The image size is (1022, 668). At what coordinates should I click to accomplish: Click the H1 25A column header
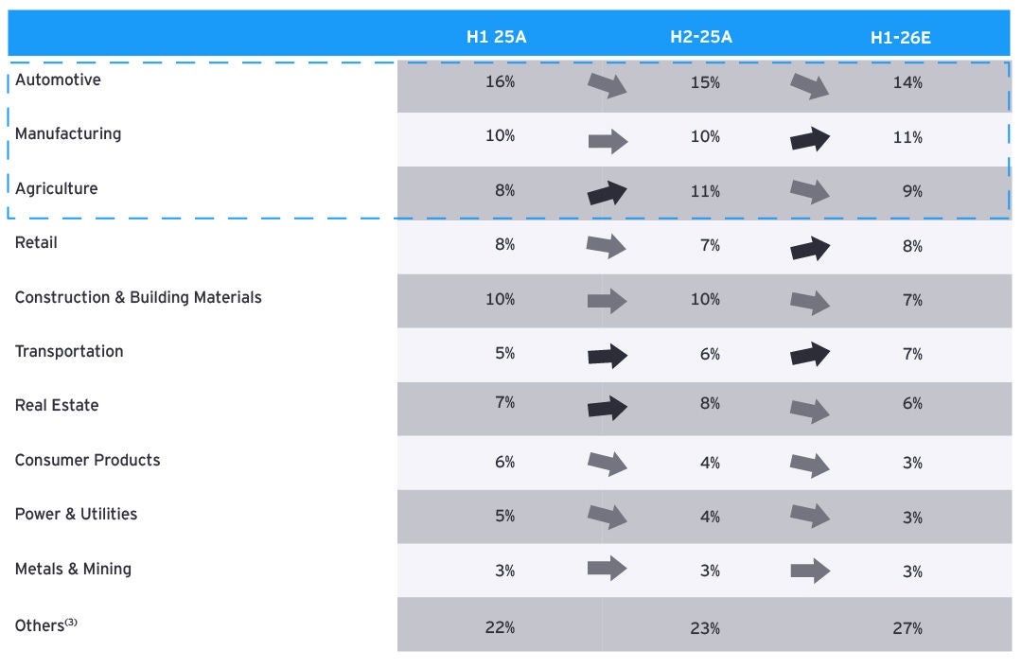click(x=496, y=37)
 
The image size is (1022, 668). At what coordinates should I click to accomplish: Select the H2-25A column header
click(x=700, y=37)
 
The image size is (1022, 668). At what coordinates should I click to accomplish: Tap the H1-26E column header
click(x=900, y=38)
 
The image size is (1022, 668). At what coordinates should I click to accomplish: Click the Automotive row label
click(x=58, y=79)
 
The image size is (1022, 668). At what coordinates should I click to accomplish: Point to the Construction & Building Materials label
click(x=138, y=297)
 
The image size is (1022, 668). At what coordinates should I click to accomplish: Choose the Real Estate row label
click(x=57, y=405)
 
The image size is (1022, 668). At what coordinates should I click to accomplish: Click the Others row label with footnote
click(x=45, y=625)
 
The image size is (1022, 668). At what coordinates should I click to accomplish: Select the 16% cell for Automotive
click(x=500, y=82)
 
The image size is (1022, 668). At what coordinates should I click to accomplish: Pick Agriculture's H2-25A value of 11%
click(x=705, y=192)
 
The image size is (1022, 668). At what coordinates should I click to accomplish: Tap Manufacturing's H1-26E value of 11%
click(x=907, y=137)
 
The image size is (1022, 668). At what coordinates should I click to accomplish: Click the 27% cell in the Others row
click(x=907, y=629)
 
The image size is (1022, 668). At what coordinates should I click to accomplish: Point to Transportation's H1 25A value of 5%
click(x=504, y=354)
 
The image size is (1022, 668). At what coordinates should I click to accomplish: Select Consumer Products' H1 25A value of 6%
click(x=504, y=462)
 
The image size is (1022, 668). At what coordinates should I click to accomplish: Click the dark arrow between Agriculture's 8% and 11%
click(x=607, y=193)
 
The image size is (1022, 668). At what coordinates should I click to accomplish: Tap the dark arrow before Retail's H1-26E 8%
click(x=810, y=248)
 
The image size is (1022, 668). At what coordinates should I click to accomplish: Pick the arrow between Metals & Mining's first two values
click(x=607, y=569)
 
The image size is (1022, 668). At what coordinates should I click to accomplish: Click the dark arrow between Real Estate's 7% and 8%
click(x=608, y=408)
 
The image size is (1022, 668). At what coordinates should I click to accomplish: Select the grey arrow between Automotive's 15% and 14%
click(x=809, y=85)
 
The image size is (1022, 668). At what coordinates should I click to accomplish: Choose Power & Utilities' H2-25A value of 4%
click(x=710, y=518)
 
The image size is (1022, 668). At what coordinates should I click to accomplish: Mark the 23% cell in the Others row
click(x=705, y=629)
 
